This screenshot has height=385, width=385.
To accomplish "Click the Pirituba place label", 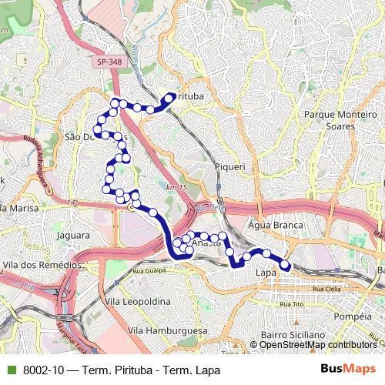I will click(190, 97).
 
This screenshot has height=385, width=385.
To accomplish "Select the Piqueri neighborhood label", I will click(230, 166).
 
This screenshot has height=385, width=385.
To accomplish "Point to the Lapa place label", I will click(266, 273).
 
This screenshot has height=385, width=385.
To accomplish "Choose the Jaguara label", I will click(74, 236).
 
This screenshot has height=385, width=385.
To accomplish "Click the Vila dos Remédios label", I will click(42, 265).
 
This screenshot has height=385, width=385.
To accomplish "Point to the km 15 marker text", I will click(176, 188).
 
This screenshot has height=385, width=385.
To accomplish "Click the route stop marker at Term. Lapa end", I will click(285, 266).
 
